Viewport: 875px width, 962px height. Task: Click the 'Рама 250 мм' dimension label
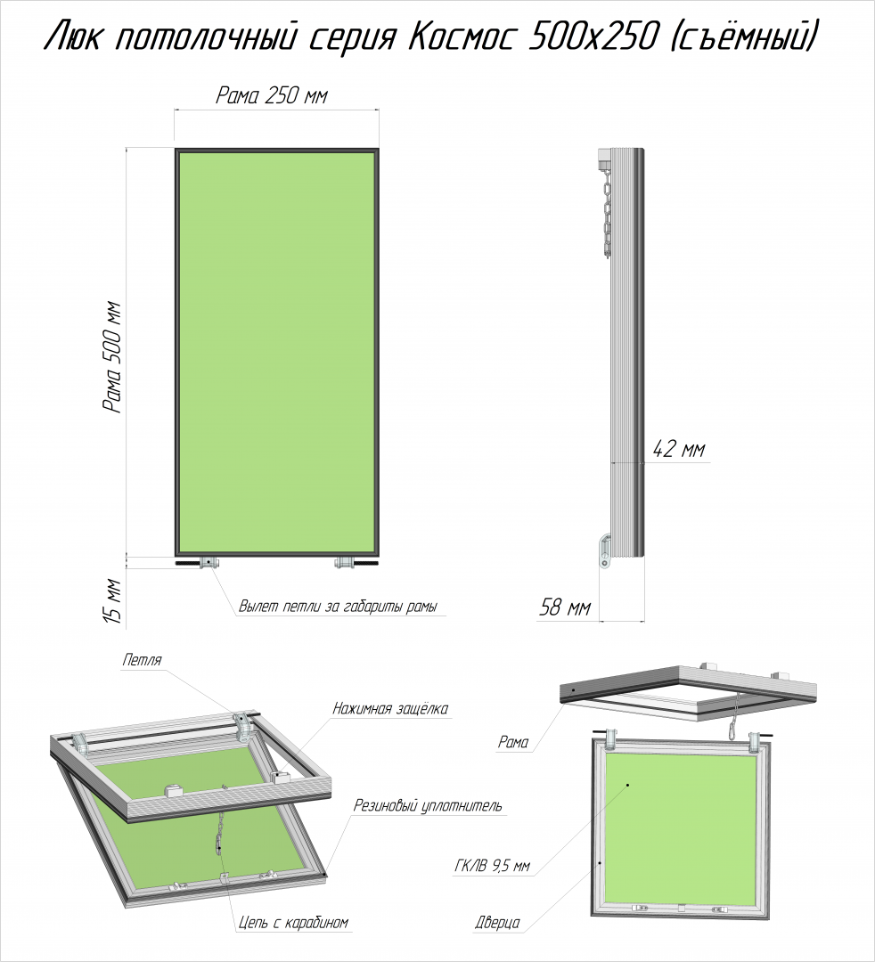coord(272,95)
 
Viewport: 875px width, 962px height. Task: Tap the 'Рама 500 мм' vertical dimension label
coord(113,357)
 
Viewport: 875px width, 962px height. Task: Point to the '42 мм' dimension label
coord(679,449)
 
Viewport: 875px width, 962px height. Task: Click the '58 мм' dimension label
coord(565,607)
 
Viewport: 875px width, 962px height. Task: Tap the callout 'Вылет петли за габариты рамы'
coord(338,607)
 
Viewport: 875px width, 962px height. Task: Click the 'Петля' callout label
coord(142,660)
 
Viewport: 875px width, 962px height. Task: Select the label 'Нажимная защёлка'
coord(390,709)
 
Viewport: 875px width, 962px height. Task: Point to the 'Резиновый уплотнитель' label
coord(428,805)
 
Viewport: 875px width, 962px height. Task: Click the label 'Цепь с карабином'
coord(293,922)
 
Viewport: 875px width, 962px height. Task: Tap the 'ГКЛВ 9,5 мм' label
coord(492,867)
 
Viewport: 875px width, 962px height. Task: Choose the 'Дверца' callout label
coord(497,922)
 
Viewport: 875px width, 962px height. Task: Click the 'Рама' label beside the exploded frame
coord(513,742)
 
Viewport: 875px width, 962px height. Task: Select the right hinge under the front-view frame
coord(344,562)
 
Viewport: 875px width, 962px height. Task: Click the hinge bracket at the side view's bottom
coord(605,550)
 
